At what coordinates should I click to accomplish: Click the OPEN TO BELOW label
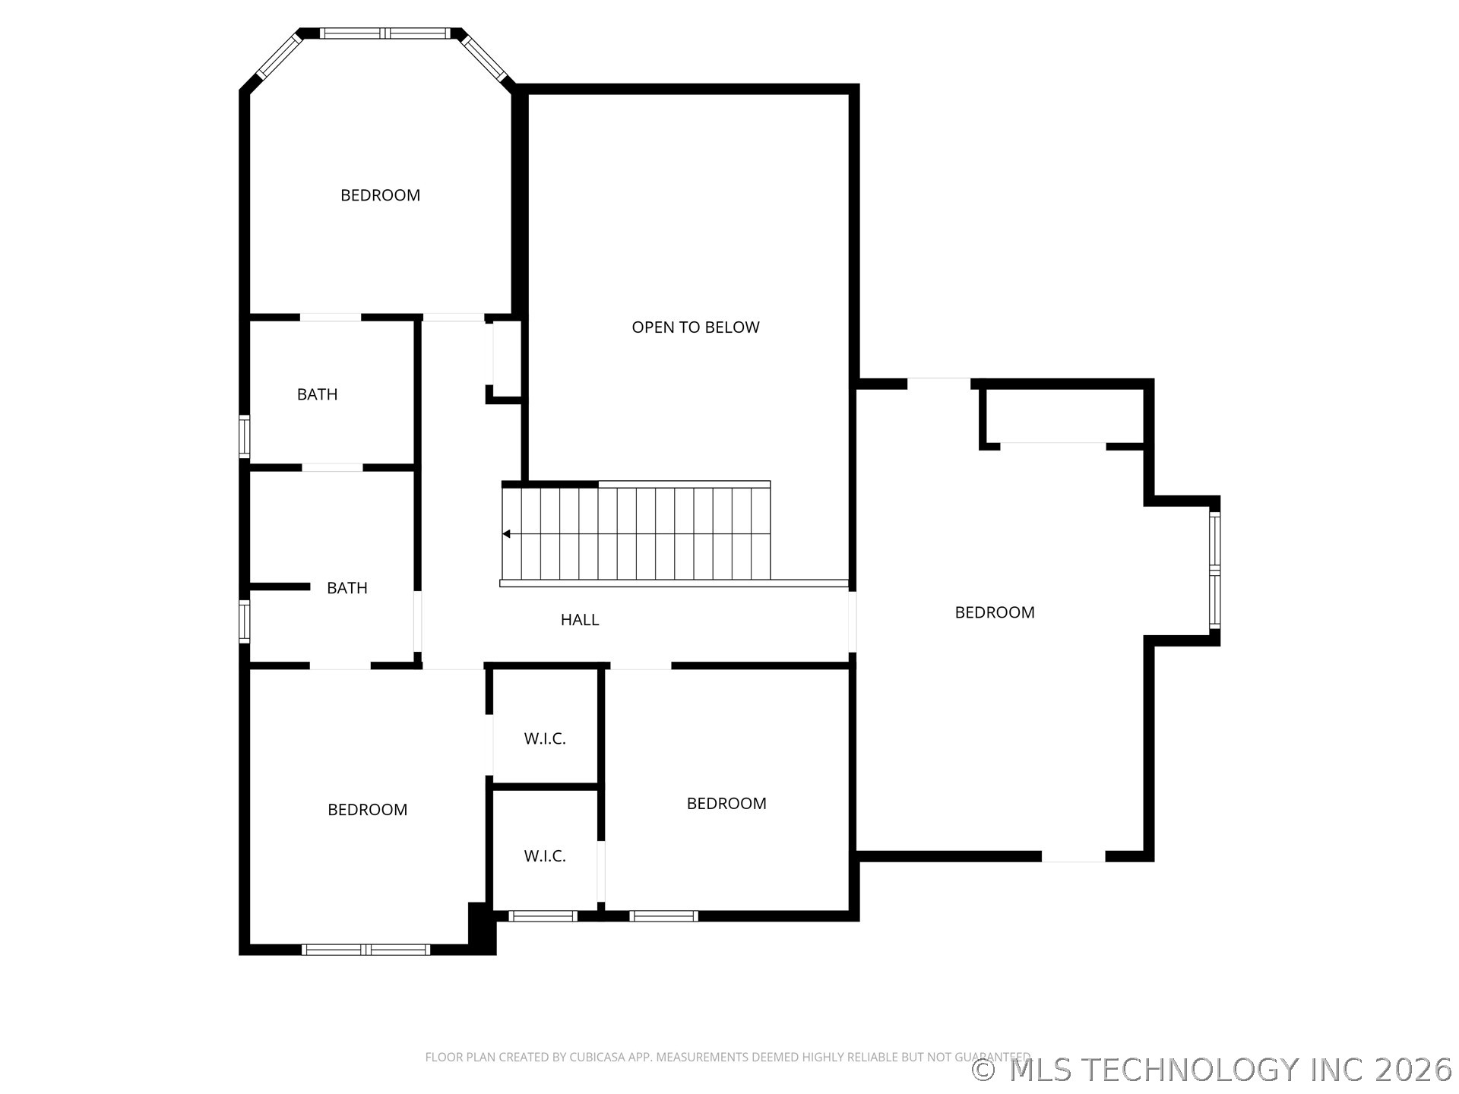coord(695,327)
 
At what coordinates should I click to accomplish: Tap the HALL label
coord(580,620)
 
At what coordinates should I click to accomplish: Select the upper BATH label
coord(317,394)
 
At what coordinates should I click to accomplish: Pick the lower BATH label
coord(347,588)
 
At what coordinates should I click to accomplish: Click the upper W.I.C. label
coord(545,738)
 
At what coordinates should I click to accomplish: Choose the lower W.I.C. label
coord(545,856)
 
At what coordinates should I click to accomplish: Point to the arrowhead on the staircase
coord(506,534)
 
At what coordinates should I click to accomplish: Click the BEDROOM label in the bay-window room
coord(380,195)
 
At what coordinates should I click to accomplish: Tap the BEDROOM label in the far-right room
coord(995,612)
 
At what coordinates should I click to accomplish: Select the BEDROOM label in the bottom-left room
coord(367,810)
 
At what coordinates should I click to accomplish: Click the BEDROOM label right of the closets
coord(726,804)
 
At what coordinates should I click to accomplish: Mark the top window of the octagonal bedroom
coord(385,33)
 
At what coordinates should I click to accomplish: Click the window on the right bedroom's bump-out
coord(1214,571)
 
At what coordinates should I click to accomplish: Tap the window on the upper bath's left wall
coord(245,437)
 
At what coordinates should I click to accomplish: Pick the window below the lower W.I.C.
coord(543,916)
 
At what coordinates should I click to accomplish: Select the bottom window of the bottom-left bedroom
coord(366,950)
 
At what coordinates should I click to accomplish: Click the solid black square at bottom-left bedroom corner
coord(482,928)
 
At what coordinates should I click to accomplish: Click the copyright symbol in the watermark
coord(984,1070)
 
